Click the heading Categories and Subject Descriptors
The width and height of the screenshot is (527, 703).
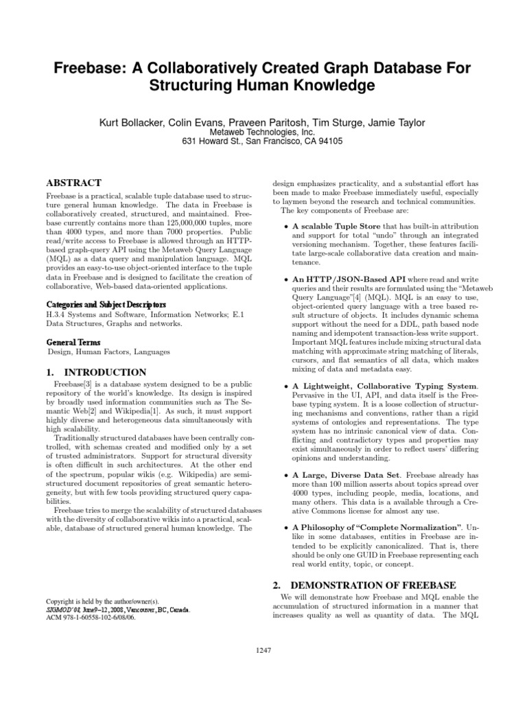click(x=106, y=304)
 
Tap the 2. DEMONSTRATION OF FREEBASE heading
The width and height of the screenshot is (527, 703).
click(x=364, y=585)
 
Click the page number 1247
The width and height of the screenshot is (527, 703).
click(x=263, y=650)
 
